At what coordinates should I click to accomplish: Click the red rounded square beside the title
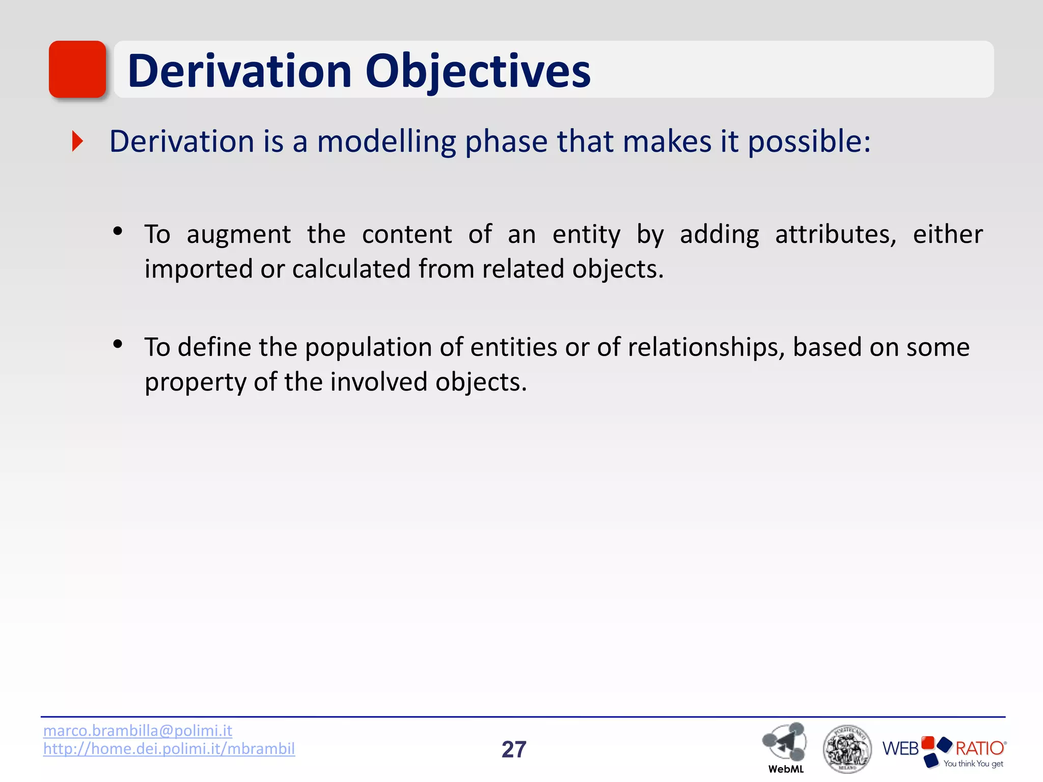[x=77, y=69]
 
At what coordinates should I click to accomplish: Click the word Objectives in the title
[x=478, y=71]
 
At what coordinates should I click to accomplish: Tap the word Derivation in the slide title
[x=239, y=71]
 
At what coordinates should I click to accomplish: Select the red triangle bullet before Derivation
[x=77, y=141]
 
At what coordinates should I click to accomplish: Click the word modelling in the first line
[x=386, y=142]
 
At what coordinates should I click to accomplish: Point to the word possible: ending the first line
[x=809, y=142]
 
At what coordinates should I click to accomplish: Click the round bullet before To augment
[x=118, y=232]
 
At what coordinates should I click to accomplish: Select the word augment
[x=238, y=235]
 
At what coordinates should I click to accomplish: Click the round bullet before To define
[x=118, y=345]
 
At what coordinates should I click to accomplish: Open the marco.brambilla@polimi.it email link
[x=138, y=731]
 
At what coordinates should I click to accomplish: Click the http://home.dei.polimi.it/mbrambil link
[x=169, y=748]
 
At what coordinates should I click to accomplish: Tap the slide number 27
[x=513, y=749]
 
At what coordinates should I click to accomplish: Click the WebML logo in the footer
[x=785, y=745]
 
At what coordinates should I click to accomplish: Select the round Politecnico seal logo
[x=847, y=749]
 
